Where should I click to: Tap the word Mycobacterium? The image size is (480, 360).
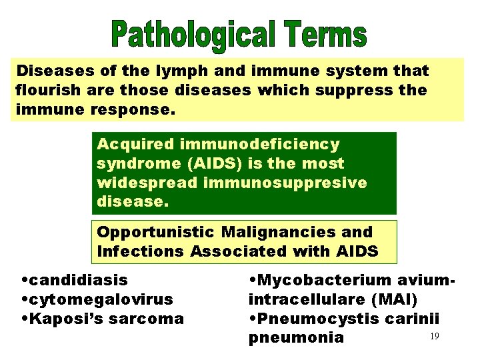click(319, 280)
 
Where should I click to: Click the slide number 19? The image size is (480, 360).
click(434, 337)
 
